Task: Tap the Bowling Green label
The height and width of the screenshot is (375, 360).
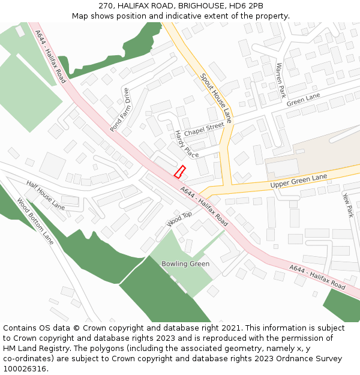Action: point(185,264)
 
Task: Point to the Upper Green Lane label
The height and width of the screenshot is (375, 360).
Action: point(299,181)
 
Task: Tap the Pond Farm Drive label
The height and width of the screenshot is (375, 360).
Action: point(120,110)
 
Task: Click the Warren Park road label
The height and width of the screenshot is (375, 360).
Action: point(280,80)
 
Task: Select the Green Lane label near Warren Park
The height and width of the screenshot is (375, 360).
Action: point(304,100)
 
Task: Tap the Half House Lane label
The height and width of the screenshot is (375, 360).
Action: point(46,195)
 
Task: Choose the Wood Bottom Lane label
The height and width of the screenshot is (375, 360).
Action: point(35,221)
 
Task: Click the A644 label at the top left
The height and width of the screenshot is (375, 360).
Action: point(50,56)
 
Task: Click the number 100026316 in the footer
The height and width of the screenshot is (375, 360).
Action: point(25,369)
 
